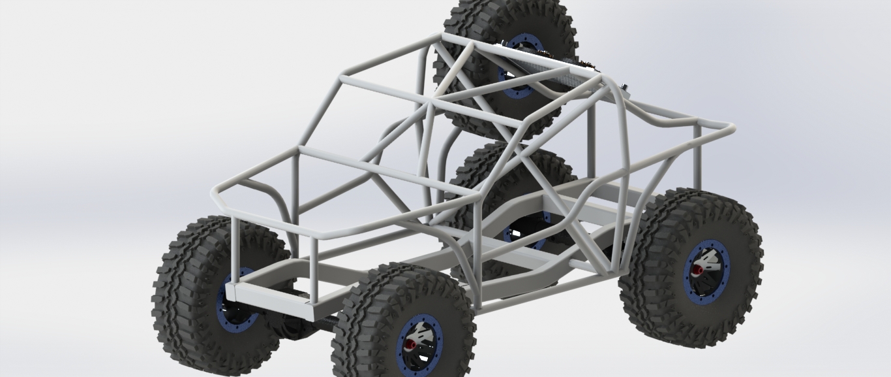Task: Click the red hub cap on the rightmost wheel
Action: click(x=697, y=269)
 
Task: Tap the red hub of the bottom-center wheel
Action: click(x=410, y=344)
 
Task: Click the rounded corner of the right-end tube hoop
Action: click(x=729, y=127)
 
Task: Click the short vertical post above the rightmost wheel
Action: click(x=697, y=157)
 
